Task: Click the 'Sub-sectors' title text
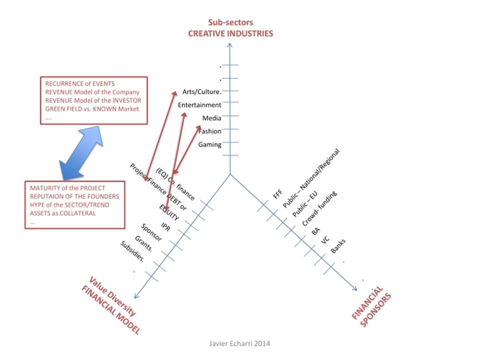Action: (230, 22)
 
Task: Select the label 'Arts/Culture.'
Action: (201, 91)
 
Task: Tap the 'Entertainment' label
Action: (199, 105)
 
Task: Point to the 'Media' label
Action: (211, 118)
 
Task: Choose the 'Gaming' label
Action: (209, 144)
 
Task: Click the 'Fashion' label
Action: (209, 131)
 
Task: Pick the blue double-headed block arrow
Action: (81, 153)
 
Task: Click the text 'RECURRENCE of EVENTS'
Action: (80, 83)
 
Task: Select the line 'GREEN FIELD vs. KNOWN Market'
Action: (92, 108)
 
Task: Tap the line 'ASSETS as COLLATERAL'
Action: (63, 213)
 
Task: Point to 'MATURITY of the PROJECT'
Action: (67, 188)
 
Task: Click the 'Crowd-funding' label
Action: (319, 208)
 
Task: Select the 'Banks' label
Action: (338, 246)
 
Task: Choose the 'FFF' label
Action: (277, 194)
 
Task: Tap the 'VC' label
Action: (325, 240)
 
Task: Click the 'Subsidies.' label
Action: (132, 251)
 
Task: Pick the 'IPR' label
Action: (165, 227)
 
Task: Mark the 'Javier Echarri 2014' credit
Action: (239, 343)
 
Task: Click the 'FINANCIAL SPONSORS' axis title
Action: (371, 306)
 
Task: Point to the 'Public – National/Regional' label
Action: (311, 178)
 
